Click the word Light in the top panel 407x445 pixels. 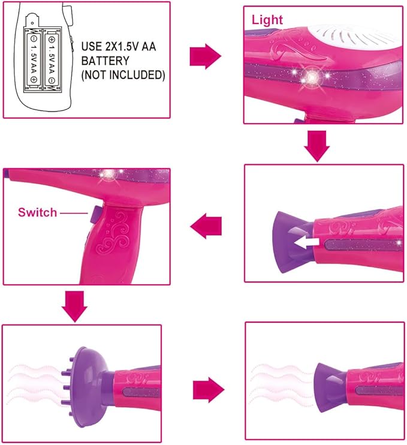[x=267, y=20]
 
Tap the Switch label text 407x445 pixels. [x=37, y=212]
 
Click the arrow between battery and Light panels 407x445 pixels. [x=205, y=56]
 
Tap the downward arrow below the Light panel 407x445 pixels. [x=316, y=146]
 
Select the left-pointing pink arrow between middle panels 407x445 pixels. [x=206, y=226]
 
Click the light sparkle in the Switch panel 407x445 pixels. [x=109, y=175]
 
